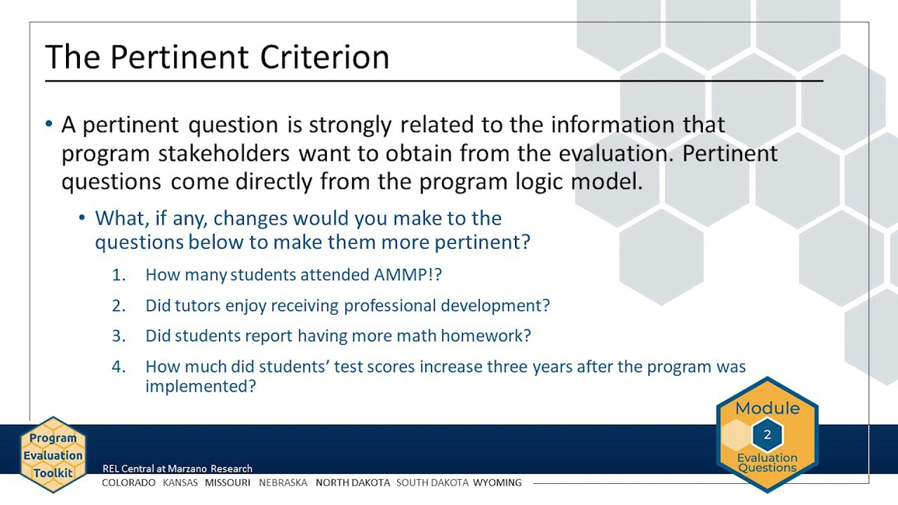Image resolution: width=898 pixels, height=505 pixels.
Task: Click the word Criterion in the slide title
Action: (324, 57)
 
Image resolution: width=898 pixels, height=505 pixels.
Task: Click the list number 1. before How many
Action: (119, 275)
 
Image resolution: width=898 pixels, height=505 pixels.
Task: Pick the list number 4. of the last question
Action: (119, 367)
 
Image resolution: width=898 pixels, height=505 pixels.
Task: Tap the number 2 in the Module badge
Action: (767, 435)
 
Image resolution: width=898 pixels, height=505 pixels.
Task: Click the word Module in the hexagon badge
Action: (767, 408)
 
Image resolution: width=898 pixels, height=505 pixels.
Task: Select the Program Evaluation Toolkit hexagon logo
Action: (53, 455)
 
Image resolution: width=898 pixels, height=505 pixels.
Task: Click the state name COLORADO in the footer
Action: (128, 483)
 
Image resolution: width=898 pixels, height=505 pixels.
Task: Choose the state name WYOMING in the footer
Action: (497, 483)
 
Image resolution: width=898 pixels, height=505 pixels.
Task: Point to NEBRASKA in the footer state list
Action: (283, 483)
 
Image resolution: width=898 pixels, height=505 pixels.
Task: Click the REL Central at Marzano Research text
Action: (177, 469)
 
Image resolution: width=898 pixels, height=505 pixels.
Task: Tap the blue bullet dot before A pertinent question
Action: (48, 125)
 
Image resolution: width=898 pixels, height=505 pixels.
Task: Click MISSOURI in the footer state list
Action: (227, 483)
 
